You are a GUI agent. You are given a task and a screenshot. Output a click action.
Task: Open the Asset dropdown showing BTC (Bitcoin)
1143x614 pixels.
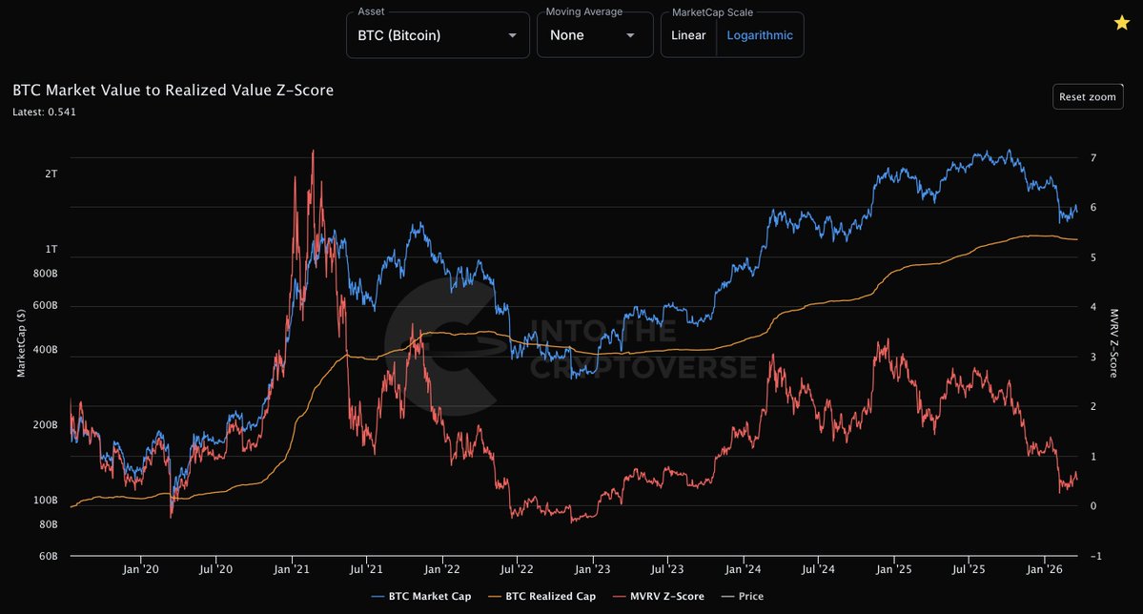pyautogui.click(x=437, y=35)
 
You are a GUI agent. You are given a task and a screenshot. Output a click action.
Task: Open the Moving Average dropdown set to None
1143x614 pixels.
pyautogui.click(x=592, y=35)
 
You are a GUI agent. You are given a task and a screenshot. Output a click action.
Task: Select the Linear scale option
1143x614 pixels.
pyautogui.click(x=688, y=35)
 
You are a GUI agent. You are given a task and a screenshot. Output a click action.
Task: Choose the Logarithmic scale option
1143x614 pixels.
pyautogui.click(x=760, y=35)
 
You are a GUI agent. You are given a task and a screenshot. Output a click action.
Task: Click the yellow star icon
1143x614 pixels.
pyautogui.click(x=1122, y=24)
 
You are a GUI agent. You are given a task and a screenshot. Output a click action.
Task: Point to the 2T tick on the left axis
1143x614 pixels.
pyautogui.click(x=51, y=174)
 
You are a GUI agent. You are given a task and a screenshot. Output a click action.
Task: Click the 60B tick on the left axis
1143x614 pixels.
pyautogui.click(x=47, y=556)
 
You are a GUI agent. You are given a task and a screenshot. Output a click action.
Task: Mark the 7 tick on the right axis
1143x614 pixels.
pyautogui.click(x=1092, y=158)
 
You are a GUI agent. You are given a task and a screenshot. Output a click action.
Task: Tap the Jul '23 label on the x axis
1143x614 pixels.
pyautogui.click(x=667, y=570)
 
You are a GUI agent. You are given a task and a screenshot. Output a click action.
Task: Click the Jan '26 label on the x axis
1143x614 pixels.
pyautogui.click(x=1045, y=570)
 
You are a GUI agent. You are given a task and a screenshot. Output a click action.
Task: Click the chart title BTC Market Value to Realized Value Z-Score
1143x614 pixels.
pyautogui.click(x=173, y=91)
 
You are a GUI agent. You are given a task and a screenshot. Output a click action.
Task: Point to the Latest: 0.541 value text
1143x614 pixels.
pyautogui.click(x=45, y=112)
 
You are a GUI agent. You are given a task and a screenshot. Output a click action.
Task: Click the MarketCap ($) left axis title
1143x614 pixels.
pyautogui.click(x=20, y=343)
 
